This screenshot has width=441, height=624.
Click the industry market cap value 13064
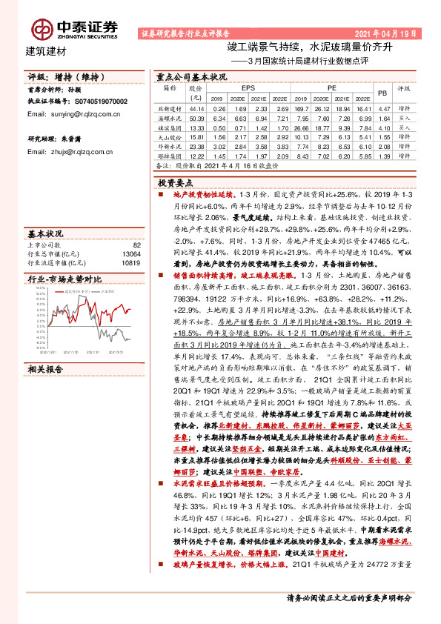131,253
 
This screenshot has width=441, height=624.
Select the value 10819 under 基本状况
131,262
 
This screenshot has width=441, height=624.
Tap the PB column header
382,93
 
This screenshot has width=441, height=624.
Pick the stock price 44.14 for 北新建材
197,108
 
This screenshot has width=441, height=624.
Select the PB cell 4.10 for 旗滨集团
383,127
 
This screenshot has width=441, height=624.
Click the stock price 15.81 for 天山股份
197,137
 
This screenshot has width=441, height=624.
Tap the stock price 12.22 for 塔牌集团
197,157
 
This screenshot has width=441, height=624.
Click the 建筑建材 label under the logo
46,51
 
